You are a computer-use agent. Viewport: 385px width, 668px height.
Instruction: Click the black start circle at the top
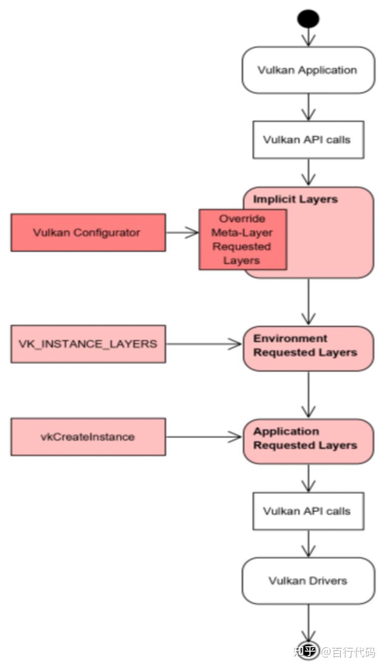(308, 19)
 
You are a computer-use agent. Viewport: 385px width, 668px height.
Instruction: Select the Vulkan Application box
(308, 70)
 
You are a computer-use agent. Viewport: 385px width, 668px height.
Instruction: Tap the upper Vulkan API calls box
(308, 140)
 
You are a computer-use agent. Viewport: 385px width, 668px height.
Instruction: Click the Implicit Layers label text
(295, 199)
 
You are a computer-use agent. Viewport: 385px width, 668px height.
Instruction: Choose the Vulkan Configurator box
(88, 233)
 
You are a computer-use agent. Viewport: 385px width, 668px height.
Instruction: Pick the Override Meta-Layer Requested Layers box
(243, 239)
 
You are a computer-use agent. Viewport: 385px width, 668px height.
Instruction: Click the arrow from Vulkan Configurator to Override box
(182, 233)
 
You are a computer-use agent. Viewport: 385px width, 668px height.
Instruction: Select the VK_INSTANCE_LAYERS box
(88, 344)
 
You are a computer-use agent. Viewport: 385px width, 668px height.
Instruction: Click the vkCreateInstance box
(88, 437)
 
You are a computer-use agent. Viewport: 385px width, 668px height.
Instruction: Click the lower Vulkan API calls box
(308, 511)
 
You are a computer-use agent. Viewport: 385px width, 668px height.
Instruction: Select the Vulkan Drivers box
(308, 580)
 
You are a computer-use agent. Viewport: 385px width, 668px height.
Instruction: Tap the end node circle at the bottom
(308, 650)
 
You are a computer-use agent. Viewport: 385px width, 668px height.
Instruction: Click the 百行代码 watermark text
(354, 652)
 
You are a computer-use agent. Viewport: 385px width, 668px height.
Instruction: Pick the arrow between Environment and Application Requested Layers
(308, 394)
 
